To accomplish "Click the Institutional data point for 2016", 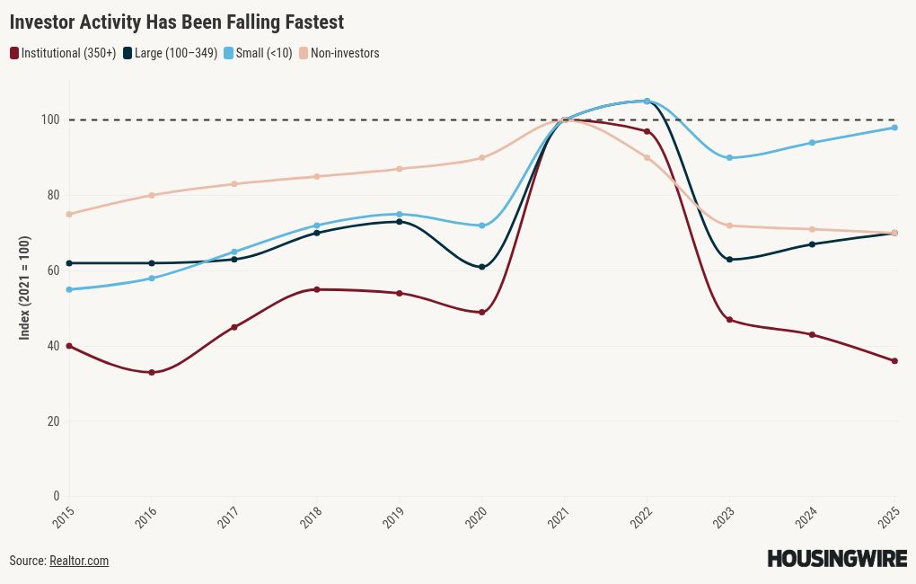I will [152, 372].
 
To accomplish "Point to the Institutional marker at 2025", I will [894, 361].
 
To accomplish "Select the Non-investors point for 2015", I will [69, 214].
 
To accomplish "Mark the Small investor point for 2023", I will [729, 158].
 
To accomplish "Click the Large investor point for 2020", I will [482, 267].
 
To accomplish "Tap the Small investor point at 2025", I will [894, 128].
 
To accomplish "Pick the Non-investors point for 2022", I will [647, 158].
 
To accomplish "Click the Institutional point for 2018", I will [317, 289].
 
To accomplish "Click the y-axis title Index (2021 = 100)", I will [25, 288].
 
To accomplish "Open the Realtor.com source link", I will [79, 561].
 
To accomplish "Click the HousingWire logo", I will [837, 559].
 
